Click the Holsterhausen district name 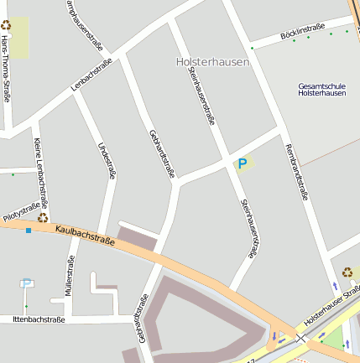213,62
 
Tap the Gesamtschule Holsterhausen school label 321,89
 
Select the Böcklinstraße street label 304,30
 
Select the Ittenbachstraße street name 39,319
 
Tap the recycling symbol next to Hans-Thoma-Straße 6,25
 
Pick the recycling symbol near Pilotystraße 43,218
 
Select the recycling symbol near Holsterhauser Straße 347,272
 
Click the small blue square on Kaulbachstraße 29,230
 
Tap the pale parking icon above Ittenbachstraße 26,283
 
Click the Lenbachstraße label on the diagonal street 91,76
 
